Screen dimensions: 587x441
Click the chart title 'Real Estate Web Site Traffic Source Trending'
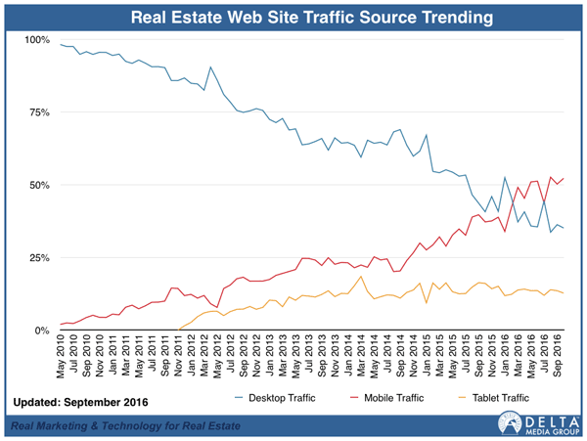click(x=312, y=18)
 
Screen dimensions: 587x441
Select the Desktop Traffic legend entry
click(x=275, y=398)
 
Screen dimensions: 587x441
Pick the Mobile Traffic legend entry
click(x=387, y=398)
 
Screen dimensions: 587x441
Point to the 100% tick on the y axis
click(x=37, y=40)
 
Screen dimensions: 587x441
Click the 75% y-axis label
click(x=39, y=112)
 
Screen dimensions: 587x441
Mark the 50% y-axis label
click(x=39, y=185)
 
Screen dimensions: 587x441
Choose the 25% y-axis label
click(x=39, y=258)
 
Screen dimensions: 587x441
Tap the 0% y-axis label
click(x=42, y=331)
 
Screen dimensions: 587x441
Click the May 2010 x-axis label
click(x=61, y=356)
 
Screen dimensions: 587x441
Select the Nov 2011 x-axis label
click(x=178, y=355)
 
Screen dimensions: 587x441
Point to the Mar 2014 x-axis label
click(x=361, y=355)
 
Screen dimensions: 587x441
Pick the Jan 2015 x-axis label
click(x=427, y=355)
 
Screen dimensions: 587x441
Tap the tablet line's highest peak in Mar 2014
click(x=361, y=277)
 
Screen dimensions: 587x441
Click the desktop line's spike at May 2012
click(x=210, y=67)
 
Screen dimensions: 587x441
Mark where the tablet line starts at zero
click(x=178, y=330)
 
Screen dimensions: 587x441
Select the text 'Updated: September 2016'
click(x=81, y=403)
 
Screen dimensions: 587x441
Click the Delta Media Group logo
click(x=538, y=422)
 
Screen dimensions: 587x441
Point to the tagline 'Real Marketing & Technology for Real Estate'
click(x=125, y=425)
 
